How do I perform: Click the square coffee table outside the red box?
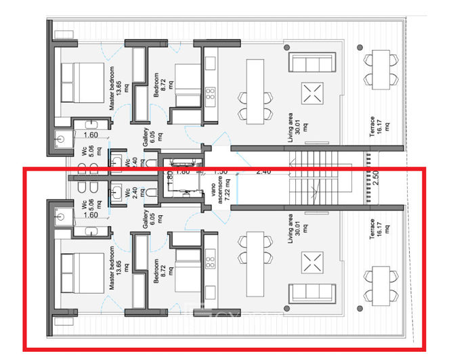tap(312, 92)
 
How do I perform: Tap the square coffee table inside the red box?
tap(312, 263)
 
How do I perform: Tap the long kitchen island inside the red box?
tap(255, 264)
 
